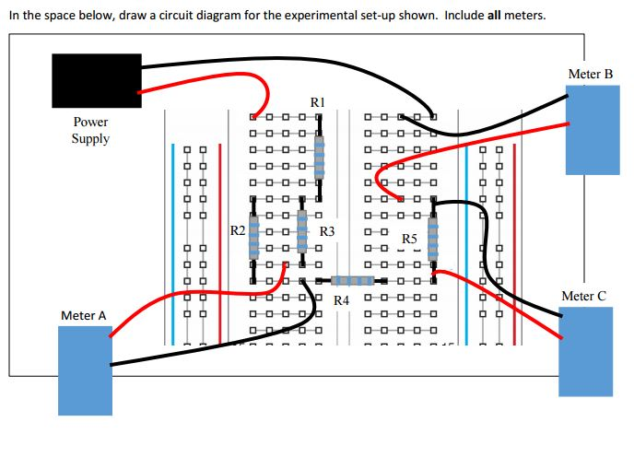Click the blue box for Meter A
pos(84,369)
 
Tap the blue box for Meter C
pos(585,351)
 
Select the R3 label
pos(326,230)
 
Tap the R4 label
pos(342,300)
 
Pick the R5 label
pos(409,240)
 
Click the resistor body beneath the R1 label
pos(320,158)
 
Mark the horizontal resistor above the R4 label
pos(351,280)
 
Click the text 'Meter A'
pos(83,315)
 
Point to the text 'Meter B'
pos(590,74)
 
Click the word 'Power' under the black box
pos(90,122)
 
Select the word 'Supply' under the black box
pos(90,138)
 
